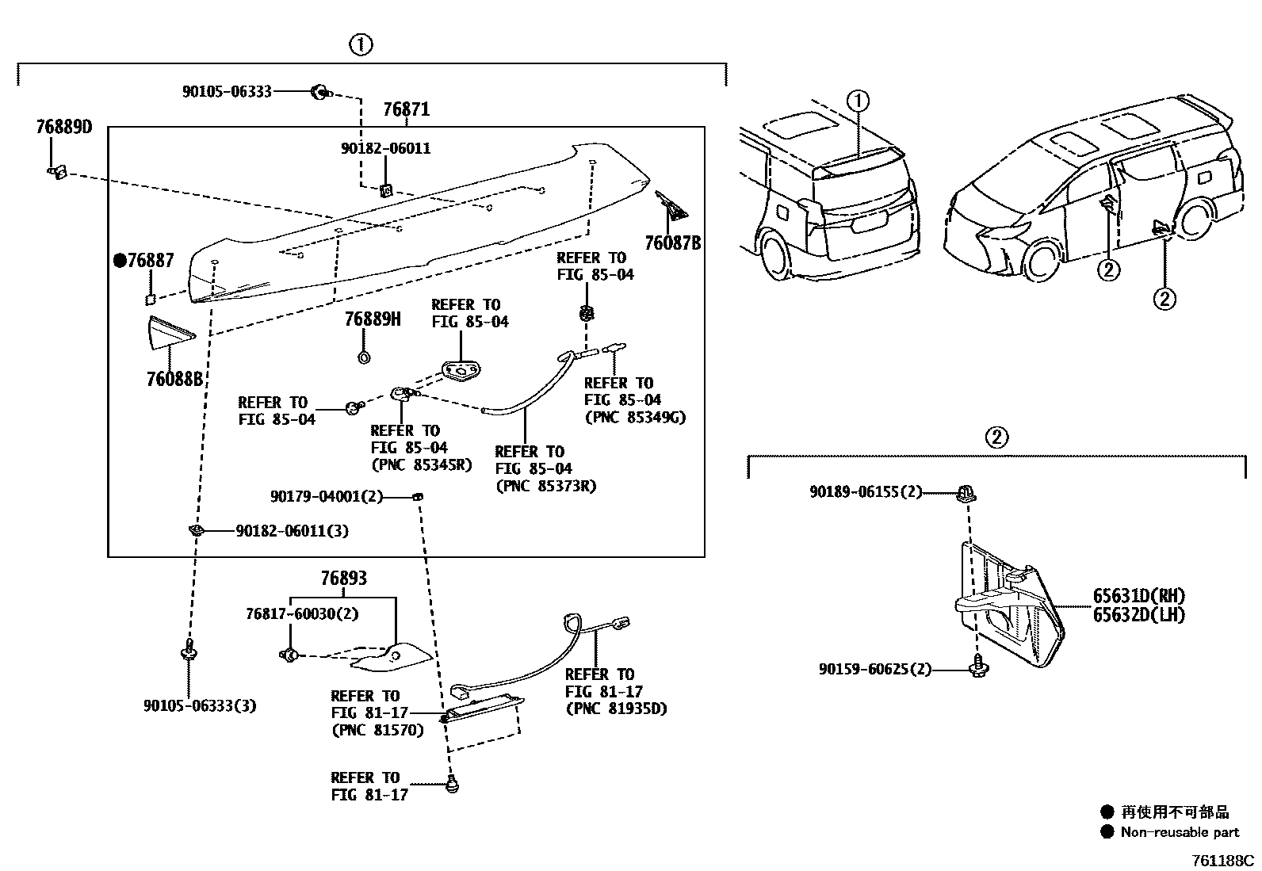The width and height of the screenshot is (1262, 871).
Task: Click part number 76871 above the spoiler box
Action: point(406,109)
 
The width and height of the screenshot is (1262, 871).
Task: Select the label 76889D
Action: point(63,127)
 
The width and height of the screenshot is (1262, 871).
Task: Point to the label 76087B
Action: point(672,243)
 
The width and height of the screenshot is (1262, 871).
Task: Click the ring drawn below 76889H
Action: point(364,356)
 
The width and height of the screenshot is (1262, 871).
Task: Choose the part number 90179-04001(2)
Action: point(327,497)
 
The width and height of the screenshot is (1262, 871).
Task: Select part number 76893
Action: point(343,579)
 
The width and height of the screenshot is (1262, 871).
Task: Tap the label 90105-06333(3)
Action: point(200,705)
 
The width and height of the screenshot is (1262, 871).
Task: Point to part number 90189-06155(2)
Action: point(866,492)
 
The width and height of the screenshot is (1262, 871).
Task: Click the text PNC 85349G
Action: point(634,417)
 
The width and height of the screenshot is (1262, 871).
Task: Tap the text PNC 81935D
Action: point(616,709)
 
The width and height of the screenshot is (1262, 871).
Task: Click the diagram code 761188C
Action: point(1223,860)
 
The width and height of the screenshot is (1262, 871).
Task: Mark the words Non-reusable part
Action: point(1180,832)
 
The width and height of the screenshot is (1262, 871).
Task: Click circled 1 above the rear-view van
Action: point(859,101)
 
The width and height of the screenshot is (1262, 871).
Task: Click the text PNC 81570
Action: point(377,730)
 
